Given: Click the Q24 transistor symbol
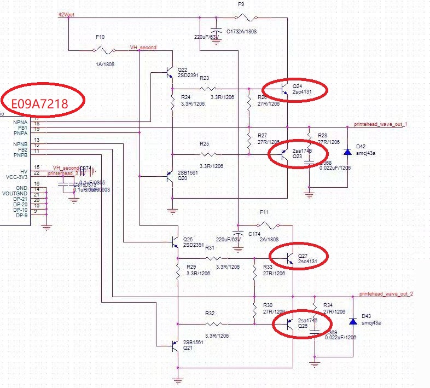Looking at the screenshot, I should (282, 88).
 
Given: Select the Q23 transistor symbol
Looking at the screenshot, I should (282, 155).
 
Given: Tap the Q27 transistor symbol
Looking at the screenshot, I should (289, 258).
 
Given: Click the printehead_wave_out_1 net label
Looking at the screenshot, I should (381, 125).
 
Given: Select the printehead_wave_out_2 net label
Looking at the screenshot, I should (386, 294).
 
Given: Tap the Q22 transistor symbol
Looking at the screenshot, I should (169, 71).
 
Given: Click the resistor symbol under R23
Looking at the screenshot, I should (211, 88).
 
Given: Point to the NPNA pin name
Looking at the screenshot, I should (21, 122).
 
